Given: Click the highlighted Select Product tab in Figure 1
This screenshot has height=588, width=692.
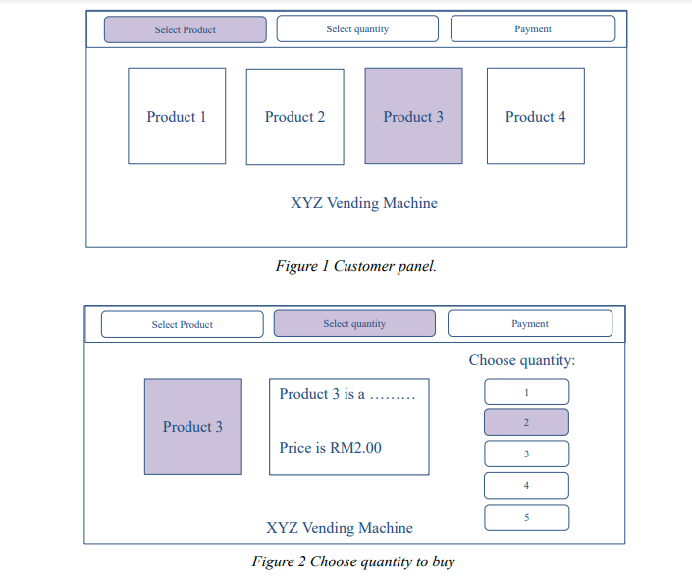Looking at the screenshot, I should [x=185, y=29].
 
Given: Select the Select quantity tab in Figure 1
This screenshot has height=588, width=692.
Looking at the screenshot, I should [x=357, y=29].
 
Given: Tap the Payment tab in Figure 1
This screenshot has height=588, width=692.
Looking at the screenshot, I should [x=533, y=29].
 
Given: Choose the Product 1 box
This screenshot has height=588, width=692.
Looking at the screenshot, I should [x=177, y=116].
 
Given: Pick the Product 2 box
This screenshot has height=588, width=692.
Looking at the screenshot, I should [x=294, y=116].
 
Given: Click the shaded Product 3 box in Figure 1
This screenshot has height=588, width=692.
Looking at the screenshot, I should [x=413, y=116].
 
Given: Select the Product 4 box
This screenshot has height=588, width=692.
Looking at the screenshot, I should [x=535, y=116].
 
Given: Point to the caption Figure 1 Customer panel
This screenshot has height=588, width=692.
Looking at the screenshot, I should [x=355, y=266].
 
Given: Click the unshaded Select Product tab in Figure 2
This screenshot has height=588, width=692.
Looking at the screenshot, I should [x=183, y=324].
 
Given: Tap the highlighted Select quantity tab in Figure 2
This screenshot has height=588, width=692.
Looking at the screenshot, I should [x=354, y=323].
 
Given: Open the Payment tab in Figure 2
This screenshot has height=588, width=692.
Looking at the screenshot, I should [x=530, y=323].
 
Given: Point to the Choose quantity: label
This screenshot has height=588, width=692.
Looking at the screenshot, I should [x=522, y=360].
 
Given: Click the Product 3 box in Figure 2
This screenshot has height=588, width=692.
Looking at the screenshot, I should [x=192, y=427].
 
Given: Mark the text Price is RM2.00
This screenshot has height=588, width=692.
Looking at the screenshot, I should [x=331, y=448].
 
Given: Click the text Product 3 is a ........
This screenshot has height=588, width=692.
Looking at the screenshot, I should [x=322, y=394].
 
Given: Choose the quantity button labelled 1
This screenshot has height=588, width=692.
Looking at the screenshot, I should [x=526, y=392].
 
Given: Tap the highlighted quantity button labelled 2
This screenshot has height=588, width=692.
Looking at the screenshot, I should [x=526, y=422].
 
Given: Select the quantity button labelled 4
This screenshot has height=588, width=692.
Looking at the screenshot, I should [x=526, y=485].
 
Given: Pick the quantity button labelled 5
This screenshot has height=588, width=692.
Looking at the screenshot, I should [x=526, y=517].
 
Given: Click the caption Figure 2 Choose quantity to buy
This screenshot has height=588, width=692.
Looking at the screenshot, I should [x=353, y=561].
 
